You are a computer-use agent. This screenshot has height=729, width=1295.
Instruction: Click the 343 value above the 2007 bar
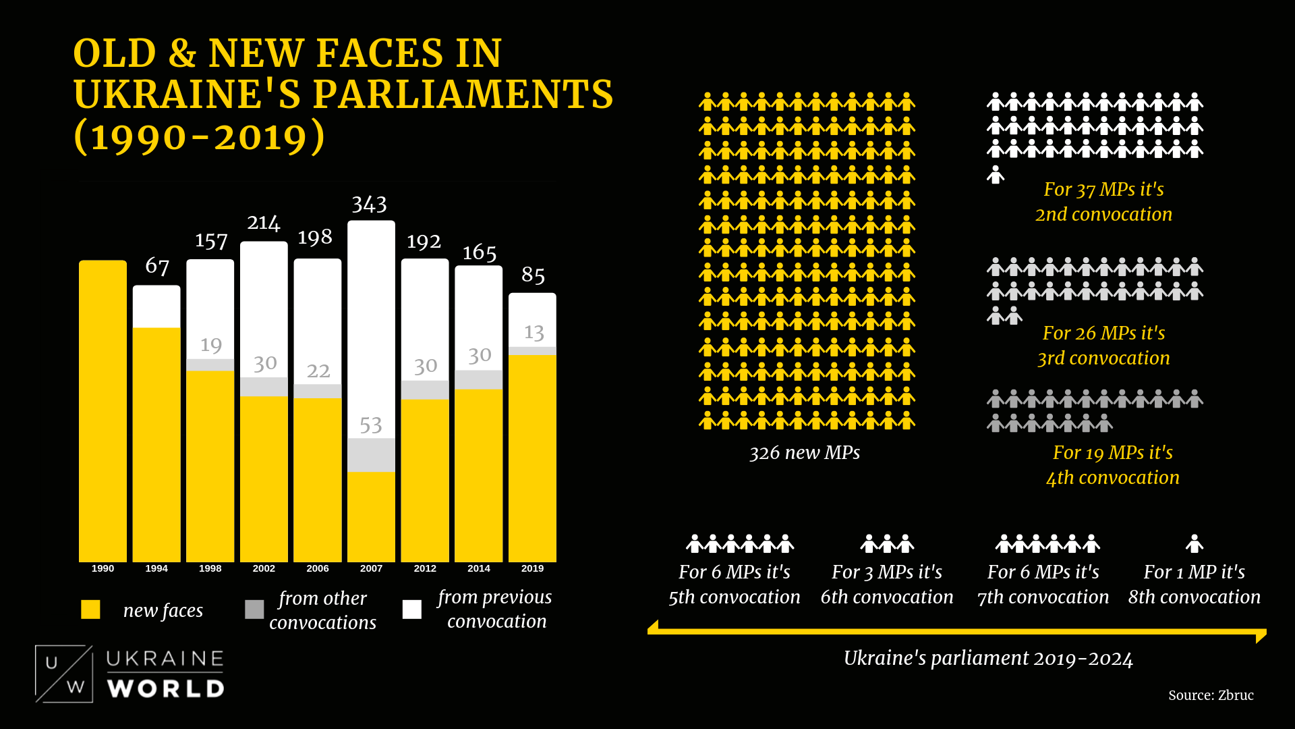(x=369, y=205)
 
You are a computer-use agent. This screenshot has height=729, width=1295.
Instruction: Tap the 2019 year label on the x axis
(x=532, y=568)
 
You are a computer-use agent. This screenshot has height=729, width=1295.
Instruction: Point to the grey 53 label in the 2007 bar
(x=370, y=425)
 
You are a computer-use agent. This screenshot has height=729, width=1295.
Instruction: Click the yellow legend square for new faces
(x=90, y=610)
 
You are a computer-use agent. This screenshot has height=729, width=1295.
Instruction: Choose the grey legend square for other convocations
(x=254, y=610)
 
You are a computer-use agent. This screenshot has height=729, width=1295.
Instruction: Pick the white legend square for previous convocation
(x=411, y=610)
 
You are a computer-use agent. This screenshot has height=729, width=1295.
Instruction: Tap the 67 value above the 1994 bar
(x=157, y=266)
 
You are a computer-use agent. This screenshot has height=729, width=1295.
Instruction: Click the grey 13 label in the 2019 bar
(x=534, y=332)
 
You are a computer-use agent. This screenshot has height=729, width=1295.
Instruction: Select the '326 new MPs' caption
(x=805, y=453)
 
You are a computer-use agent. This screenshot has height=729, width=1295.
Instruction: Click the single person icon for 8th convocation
(x=1195, y=543)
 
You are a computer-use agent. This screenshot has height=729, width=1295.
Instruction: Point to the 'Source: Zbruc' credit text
(x=1211, y=695)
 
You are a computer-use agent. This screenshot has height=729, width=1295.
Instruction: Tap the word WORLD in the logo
(x=166, y=689)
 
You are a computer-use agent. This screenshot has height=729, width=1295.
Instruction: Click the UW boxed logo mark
(x=64, y=674)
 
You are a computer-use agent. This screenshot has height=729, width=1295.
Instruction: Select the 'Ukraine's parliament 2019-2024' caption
(x=988, y=658)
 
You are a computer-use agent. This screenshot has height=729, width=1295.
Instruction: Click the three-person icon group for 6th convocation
(x=887, y=543)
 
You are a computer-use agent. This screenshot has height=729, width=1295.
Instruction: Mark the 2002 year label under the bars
(x=264, y=568)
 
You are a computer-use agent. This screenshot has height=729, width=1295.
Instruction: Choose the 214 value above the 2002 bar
(x=263, y=223)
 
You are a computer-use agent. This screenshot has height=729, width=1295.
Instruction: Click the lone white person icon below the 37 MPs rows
(x=996, y=175)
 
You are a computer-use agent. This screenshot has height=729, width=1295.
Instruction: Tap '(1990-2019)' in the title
(x=200, y=136)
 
